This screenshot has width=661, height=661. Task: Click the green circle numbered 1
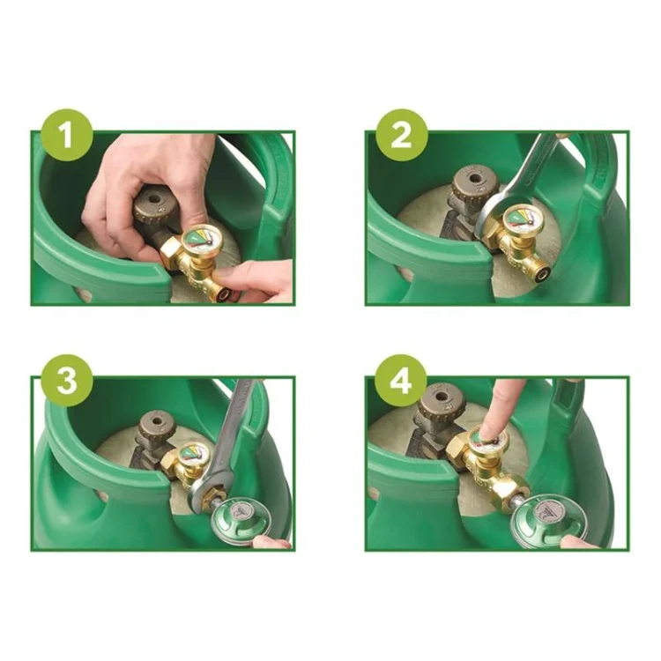coord(68,135)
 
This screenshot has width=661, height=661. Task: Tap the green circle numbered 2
coord(401,135)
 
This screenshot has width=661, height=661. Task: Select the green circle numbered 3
coord(68,381)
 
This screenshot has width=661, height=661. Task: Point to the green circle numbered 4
coord(401,381)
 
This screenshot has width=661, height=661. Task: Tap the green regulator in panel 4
coord(543,522)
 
